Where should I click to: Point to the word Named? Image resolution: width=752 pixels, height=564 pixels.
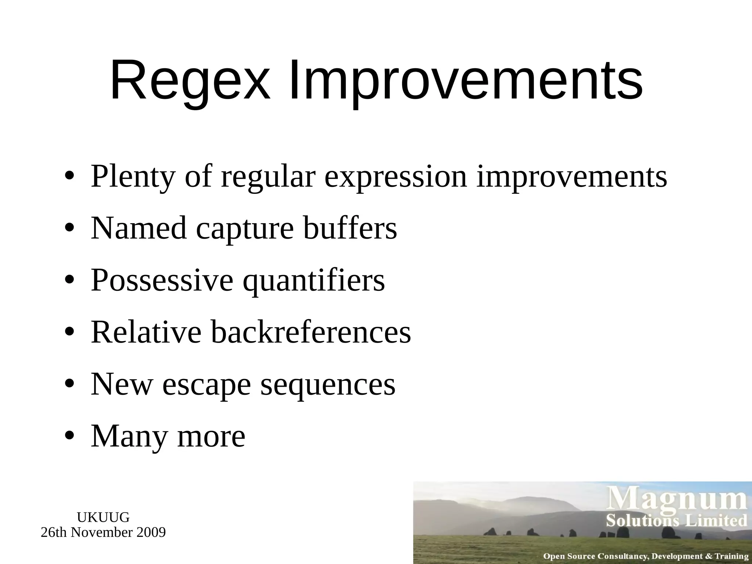pyautogui.click(x=139, y=228)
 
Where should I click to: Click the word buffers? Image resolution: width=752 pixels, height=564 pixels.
pyautogui.click(x=350, y=228)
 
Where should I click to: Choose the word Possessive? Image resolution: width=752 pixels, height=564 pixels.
pyautogui.click(x=162, y=281)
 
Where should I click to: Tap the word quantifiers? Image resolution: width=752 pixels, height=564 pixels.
pyautogui.click(x=314, y=281)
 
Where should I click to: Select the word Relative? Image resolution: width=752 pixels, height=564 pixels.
pyautogui.click(x=146, y=332)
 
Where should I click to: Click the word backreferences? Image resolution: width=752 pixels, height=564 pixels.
pyautogui.click(x=311, y=332)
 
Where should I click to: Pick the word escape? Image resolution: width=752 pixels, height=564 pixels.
pyautogui.click(x=206, y=384)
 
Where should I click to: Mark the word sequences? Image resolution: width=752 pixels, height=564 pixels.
pyautogui.click(x=328, y=384)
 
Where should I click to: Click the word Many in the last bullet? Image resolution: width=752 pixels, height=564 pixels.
pyautogui.click(x=129, y=436)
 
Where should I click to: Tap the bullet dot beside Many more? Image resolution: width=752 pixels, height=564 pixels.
pyautogui.click(x=69, y=436)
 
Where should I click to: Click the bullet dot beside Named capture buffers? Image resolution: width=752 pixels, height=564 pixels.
pyautogui.click(x=69, y=228)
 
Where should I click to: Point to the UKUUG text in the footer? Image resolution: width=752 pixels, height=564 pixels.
pyautogui.click(x=103, y=517)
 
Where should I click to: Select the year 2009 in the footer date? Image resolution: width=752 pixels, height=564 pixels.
pyautogui.click(x=151, y=532)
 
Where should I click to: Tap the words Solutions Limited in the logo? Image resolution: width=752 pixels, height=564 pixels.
pyautogui.click(x=677, y=520)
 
